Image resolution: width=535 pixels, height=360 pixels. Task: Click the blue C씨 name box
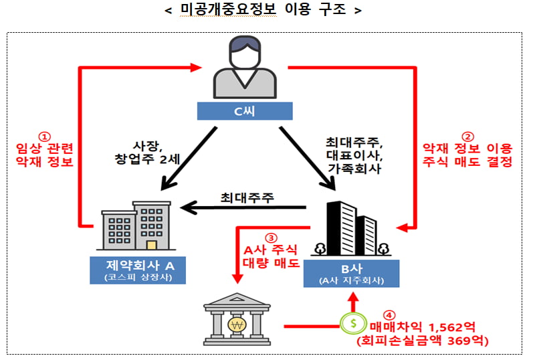point(245,111)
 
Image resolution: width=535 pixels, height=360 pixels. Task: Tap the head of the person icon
point(245,52)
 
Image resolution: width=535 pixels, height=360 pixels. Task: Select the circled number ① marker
point(44,137)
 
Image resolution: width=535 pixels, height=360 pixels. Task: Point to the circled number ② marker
point(467,137)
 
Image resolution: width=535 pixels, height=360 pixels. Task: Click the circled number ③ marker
point(271,238)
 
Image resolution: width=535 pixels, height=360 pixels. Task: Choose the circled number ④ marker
point(389,315)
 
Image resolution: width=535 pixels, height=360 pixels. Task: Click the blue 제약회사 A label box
point(138,270)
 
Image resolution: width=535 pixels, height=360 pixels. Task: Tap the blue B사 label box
point(352,274)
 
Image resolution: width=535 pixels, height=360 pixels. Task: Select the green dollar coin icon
point(353,323)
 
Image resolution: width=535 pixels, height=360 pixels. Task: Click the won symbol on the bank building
point(237,325)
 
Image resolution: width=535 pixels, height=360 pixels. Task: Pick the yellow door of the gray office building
point(152,245)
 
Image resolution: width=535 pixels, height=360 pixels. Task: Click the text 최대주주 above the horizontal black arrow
point(247,197)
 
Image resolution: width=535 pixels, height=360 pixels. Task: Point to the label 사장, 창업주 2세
point(147,153)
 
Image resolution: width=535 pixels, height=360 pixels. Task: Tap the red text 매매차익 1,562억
point(423,327)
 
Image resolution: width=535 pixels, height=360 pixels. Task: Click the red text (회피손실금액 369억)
point(423,341)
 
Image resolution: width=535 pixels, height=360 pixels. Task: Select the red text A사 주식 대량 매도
point(271,256)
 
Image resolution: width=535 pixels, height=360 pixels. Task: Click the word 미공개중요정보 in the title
point(228,9)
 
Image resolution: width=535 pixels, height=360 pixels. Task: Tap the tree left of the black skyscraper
point(320,249)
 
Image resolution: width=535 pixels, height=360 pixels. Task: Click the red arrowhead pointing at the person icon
point(196,68)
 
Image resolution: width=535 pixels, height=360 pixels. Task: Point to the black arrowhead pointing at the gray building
point(189,207)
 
